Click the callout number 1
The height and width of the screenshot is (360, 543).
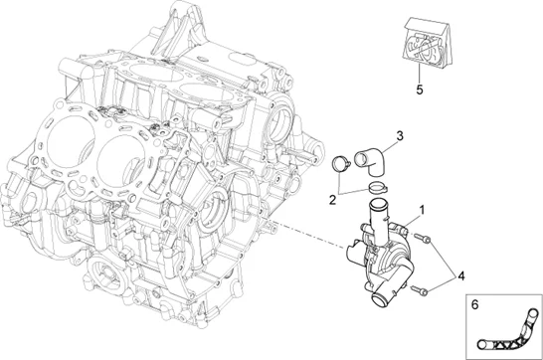(x=422, y=210)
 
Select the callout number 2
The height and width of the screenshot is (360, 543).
(x=332, y=200)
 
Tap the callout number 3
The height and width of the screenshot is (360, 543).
(x=400, y=135)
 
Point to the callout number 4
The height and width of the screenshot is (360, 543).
(x=460, y=275)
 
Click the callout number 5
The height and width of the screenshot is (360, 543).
(x=420, y=90)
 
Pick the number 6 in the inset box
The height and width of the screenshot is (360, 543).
(x=474, y=304)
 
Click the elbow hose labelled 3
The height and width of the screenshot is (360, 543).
(x=371, y=160)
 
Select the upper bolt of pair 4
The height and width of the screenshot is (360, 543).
(x=423, y=238)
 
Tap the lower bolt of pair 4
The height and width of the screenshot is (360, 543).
(x=420, y=290)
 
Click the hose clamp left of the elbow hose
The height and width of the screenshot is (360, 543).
(x=341, y=163)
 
